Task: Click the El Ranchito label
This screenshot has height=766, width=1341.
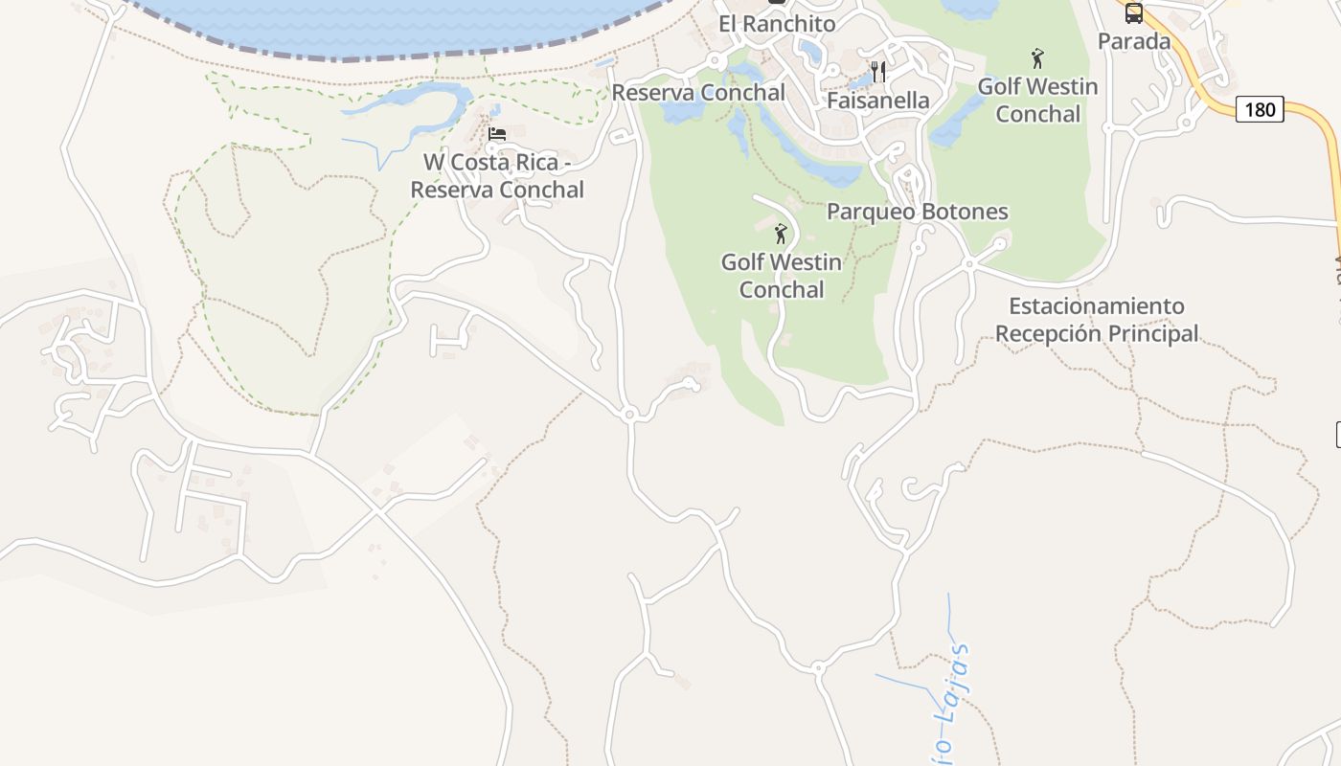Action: (777, 24)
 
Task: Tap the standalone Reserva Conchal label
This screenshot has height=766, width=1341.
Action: (698, 93)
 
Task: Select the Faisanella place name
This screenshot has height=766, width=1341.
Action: (878, 101)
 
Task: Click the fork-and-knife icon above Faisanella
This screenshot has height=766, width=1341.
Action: (878, 72)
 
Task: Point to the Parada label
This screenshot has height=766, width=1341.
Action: (1134, 41)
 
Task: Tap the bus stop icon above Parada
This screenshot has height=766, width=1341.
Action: (1134, 13)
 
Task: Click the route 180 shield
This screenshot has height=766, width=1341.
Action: (1260, 109)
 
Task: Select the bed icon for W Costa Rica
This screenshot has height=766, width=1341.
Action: (497, 134)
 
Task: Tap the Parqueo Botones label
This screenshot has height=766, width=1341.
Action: (918, 212)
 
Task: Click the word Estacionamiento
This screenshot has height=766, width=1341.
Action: (1097, 306)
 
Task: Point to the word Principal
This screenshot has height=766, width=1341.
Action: (1148, 333)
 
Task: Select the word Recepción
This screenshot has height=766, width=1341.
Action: (1043, 333)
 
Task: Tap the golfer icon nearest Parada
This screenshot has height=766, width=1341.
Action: (1037, 58)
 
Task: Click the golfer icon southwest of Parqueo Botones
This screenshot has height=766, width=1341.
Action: (781, 233)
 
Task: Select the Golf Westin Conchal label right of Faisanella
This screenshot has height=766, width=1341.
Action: (1037, 100)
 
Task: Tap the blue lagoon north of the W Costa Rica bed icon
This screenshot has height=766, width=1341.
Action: (412, 98)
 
